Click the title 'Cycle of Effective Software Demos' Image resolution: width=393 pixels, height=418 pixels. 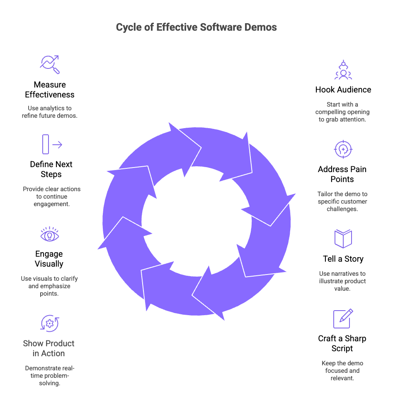pyautogui.click(x=196, y=27)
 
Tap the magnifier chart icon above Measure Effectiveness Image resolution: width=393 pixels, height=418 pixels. pyautogui.click(x=50, y=64)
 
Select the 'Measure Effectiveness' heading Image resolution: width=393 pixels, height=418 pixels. pyautogui.click(x=50, y=90)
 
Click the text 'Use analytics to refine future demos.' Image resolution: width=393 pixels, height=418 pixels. pyautogui.click(x=50, y=112)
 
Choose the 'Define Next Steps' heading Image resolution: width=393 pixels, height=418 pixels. pyautogui.click(x=51, y=169)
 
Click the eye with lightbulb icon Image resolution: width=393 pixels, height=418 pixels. pyautogui.click(x=50, y=235)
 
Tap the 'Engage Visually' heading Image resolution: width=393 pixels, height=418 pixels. pyautogui.click(x=49, y=259)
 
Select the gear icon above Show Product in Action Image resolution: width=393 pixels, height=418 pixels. pyautogui.click(x=49, y=323)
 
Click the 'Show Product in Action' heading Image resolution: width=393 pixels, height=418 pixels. pyautogui.click(x=49, y=348)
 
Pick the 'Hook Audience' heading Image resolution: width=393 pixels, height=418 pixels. pyautogui.click(x=343, y=90)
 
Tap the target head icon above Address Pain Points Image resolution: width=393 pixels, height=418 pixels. pyautogui.click(x=343, y=149)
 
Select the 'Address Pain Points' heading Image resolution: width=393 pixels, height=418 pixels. pyautogui.click(x=342, y=174)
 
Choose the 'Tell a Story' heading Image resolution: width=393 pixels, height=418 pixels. pyautogui.click(x=343, y=259)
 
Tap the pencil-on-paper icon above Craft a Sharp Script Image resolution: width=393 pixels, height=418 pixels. pyautogui.click(x=343, y=318)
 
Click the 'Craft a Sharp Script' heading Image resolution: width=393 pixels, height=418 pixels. pyautogui.click(x=342, y=343)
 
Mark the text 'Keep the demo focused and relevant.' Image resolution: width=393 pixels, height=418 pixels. pyautogui.click(x=342, y=371)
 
